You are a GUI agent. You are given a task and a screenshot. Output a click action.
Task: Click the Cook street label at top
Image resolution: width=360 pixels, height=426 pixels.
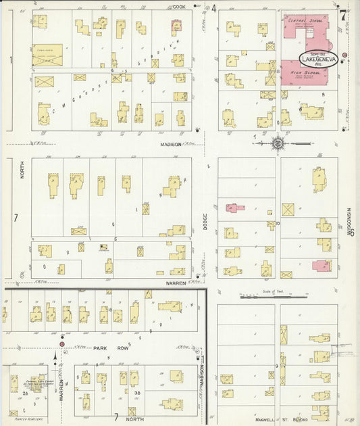coord(179,7)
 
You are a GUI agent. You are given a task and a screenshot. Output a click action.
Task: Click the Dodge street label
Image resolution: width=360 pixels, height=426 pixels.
coord(205,222)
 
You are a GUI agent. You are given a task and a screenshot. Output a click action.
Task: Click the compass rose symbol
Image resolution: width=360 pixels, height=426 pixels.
coord(278,143)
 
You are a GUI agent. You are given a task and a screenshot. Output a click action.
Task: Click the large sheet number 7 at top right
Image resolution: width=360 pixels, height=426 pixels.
coord(342,14)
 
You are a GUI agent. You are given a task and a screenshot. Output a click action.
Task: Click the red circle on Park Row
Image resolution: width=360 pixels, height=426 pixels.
coord(62,344)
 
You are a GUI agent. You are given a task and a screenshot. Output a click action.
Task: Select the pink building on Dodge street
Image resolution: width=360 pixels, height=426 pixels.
coord(232,208)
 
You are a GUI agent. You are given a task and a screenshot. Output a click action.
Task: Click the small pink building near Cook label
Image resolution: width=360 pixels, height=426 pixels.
coord(177,26)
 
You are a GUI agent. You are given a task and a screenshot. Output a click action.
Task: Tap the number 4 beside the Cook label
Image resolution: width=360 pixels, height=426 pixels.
coord(213,9)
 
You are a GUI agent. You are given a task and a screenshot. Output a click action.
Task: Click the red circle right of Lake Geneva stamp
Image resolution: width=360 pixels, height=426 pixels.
coord(344,55)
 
